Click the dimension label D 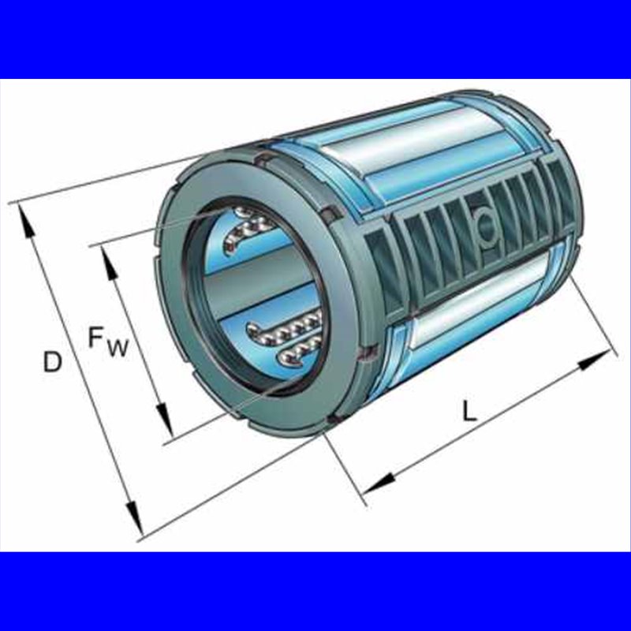pyautogui.click(x=53, y=361)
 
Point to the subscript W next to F pyautogui.click(x=117, y=348)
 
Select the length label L pyautogui.click(x=469, y=410)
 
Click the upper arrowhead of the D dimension pyautogui.click(x=26, y=223)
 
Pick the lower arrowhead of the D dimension pyautogui.click(x=134, y=517)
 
